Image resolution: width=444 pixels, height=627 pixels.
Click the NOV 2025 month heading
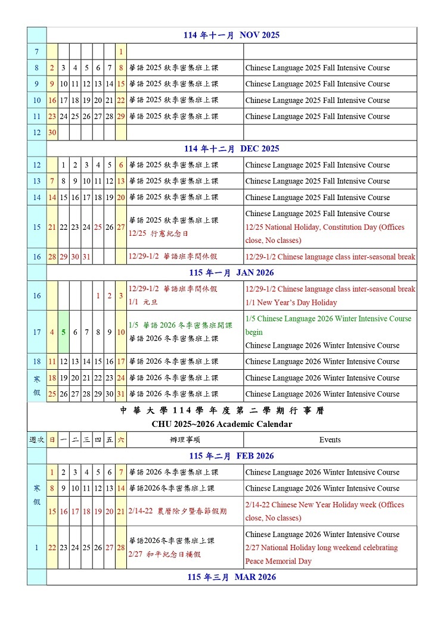click(231, 35)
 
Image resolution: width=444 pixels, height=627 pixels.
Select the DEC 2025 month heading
click(231, 149)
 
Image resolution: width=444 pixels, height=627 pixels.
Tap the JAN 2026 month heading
click(231, 273)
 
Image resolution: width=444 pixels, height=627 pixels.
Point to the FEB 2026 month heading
click(231, 456)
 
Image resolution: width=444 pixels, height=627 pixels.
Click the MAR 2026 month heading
click(231, 577)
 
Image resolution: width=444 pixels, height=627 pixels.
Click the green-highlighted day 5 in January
click(64, 332)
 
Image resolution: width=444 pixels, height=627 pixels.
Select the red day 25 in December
click(98, 227)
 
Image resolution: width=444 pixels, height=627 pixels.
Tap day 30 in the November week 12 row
click(52, 133)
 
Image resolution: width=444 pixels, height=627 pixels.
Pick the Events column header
click(330, 440)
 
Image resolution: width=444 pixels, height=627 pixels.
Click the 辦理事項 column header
click(185, 440)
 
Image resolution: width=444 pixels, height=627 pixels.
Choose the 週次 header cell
click(36, 440)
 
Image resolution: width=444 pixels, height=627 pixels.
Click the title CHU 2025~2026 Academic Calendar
click(222, 424)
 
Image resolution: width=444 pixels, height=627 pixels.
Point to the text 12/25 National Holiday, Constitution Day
click(324, 227)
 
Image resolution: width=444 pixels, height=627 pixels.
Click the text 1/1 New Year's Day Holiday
click(291, 302)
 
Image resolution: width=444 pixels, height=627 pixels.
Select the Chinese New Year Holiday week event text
click(324, 511)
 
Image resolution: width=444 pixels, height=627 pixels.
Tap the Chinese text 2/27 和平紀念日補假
click(164, 554)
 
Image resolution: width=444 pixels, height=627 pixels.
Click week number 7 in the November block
click(36, 52)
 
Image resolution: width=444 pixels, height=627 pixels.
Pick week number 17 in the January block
click(36, 332)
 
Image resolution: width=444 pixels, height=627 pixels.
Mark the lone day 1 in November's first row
click(121, 52)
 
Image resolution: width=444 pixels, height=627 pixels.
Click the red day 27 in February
click(110, 548)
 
